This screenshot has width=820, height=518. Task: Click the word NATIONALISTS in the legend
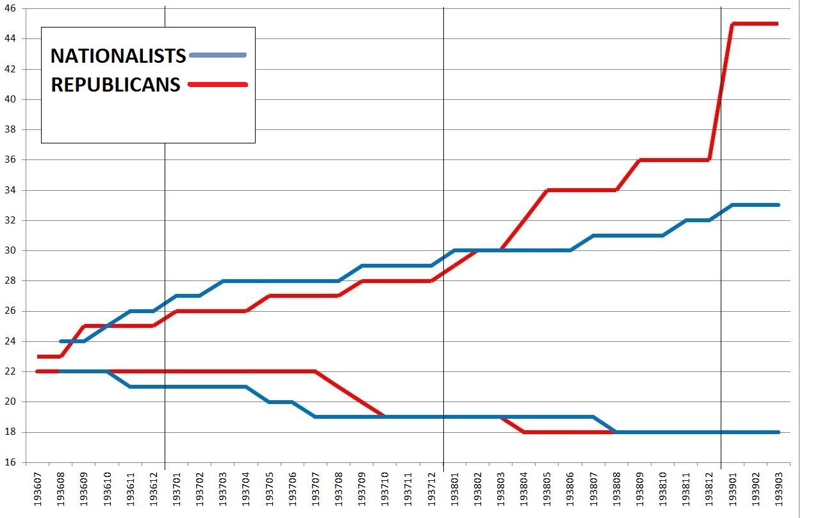click(x=118, y=56)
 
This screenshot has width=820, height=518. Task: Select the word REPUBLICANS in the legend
click(x=115, y=85)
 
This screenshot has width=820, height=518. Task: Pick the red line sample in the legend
click(x=218, y=85)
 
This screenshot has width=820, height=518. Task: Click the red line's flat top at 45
click(x=756, y=24)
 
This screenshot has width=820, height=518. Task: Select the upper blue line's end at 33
click(x=777, y=205)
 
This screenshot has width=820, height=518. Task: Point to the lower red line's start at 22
click(x=38, y=371)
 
